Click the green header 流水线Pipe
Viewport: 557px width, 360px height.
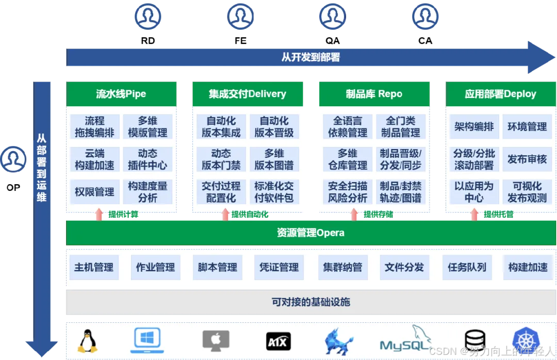121,94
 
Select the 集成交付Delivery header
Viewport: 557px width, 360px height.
248,94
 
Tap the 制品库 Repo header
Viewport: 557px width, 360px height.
374,94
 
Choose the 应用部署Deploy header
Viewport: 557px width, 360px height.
501,94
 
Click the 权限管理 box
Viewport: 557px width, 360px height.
94,192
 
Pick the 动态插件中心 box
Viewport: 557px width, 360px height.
148,159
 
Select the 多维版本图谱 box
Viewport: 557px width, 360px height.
274,159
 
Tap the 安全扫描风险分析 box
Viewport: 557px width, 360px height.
348,192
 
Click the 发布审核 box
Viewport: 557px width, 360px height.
527,159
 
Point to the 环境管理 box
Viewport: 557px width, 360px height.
527,127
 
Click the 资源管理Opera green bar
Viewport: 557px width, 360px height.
311,233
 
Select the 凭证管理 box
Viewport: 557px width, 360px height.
280,267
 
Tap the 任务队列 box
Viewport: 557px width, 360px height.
467,267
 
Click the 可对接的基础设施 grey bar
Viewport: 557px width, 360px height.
311,302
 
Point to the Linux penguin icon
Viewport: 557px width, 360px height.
88,340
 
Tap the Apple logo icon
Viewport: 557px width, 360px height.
216,341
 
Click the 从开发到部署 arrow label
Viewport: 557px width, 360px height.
311,57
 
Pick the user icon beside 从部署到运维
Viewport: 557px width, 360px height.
13,159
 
